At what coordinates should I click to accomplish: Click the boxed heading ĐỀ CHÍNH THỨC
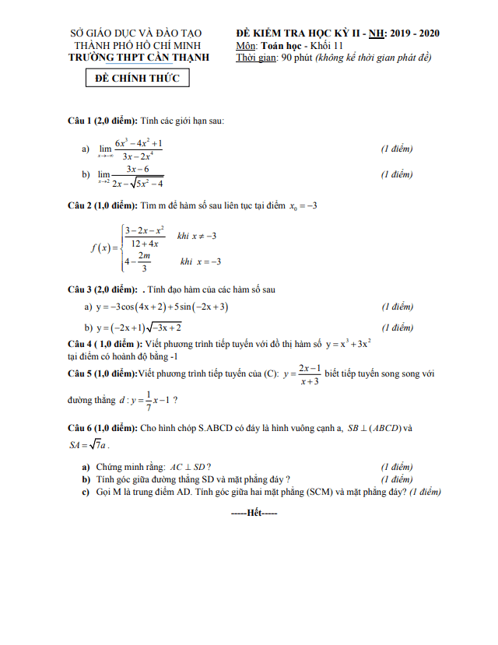tap(137, 79)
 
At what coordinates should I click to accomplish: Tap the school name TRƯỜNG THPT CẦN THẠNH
tap(136, 57)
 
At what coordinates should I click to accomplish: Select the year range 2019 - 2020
tap(415, 33)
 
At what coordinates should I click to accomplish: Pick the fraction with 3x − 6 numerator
tap(137, 176)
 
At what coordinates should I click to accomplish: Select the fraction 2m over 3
tap(144, 262)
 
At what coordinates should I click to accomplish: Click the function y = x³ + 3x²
tap(348, 343)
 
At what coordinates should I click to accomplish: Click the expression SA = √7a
tap(89, 446)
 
